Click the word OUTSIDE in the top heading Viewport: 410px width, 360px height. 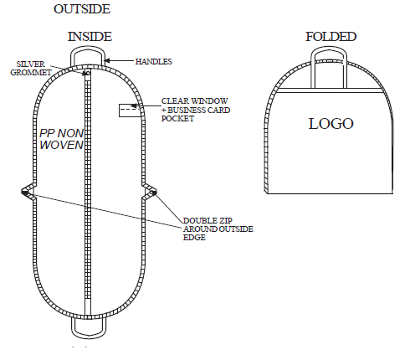point(82,9)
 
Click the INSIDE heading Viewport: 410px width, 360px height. point(90,37)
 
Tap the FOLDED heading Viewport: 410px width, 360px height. point(331,37)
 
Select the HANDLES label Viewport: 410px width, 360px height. point(154,61)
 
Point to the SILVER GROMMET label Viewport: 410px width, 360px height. point(31,68)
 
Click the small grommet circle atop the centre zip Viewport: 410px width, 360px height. point(88,73)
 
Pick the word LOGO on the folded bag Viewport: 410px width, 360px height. point(331,124)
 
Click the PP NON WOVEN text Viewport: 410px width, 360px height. point(61,139)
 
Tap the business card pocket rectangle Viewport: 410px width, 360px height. point(130,111)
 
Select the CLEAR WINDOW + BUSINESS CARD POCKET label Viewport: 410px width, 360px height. point(196,110)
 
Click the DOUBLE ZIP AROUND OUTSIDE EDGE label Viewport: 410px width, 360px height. point(218,229)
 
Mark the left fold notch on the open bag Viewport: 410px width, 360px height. point(28,192)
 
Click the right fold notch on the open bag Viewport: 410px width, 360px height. point(149,192)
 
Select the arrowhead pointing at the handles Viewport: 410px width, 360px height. point(107,60)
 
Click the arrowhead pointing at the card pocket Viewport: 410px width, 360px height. point(134,106)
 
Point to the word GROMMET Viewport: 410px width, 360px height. point(31,73)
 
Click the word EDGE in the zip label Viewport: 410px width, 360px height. point(194,238)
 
